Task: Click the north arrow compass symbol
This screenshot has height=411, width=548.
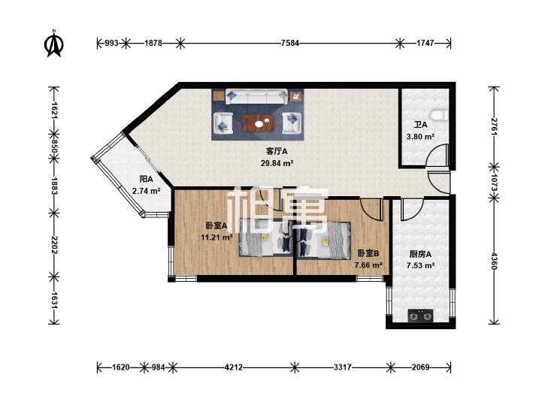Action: point(54,44)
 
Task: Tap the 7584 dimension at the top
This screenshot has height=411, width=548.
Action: point(290,44)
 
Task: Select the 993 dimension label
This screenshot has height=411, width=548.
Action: point(112,44)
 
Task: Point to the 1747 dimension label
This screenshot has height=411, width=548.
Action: point(425,44)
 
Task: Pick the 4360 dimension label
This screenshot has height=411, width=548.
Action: point(494,261)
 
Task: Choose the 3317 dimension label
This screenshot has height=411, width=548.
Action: point(343,367)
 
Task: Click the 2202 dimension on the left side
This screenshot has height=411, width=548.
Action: point(54,244)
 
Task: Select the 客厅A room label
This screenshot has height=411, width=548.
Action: point(277,152)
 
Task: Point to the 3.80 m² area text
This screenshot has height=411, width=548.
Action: point(420,137)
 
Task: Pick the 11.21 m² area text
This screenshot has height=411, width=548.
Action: point(216,237)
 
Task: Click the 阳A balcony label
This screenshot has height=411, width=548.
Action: point(147,180)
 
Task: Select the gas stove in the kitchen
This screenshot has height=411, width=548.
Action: point(420,316)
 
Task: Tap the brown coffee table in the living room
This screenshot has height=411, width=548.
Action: point(259,123)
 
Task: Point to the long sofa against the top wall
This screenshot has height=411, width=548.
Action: point(257,96)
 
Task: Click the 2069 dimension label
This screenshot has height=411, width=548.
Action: point(420,367)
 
